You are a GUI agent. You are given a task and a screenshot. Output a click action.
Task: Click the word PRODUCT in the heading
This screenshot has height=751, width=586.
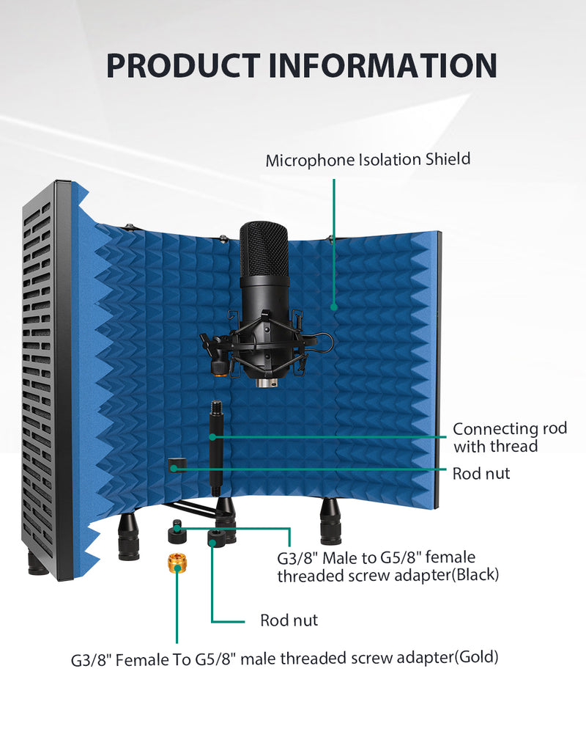click(182, 65)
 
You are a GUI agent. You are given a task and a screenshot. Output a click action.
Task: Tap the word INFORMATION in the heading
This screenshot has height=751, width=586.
click(382, 65)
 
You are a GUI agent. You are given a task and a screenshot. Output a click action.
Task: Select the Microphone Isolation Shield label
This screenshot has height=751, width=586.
click(368, 160)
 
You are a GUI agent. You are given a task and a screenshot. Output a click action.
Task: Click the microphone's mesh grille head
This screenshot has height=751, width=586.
click(264, 249)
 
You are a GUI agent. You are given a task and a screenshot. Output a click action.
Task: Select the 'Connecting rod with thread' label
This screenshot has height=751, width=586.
click(510, 437)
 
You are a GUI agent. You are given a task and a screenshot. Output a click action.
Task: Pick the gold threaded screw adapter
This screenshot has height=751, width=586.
click(177, 564)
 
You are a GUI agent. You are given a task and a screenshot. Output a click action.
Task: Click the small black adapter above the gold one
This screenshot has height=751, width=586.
click(176, 532)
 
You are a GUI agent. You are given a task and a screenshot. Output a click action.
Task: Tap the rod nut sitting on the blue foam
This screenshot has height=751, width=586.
click(175, 464)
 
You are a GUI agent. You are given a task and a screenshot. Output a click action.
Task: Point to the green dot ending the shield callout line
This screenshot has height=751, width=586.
click(334, 307)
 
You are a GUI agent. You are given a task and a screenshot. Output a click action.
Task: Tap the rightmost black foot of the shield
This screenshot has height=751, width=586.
click(330, 521)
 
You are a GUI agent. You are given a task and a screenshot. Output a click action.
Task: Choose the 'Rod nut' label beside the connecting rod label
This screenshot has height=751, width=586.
click(481, 474)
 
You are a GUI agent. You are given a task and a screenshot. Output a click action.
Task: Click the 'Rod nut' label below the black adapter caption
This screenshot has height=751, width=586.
click(289, 620)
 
